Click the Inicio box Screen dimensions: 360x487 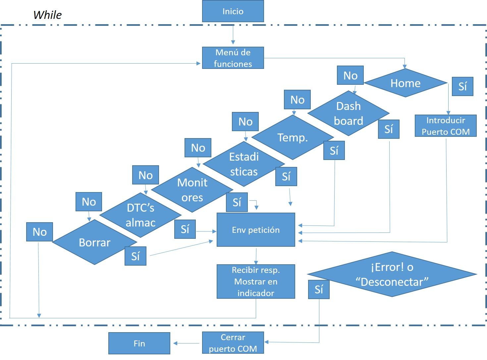(x=233, y=11)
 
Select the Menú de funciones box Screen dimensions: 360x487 (x=233, y=58)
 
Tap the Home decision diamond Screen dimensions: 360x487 (x=405, y=83)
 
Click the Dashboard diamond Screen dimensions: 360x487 (x=348, y=113)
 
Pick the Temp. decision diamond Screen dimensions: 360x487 (x=293, y=137)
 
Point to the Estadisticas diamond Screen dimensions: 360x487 (x=244, y=164)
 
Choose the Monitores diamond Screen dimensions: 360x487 (x=192, y=190)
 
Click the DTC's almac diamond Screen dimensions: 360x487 (x=140, y=215)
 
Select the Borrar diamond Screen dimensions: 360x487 (x=94, y=242)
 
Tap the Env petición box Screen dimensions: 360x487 (x=256, y=230)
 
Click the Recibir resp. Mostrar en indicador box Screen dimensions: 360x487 (x=256, y=282)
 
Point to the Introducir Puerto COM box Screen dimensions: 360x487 (x=446, y=126)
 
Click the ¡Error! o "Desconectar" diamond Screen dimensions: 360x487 (x=392, y=274)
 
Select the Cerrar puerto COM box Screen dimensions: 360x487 (x=233, y=343)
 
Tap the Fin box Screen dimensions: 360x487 (x=139, y=343)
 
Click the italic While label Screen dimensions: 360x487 (x=47, y=15)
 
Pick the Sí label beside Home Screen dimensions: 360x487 (x=462, y=86)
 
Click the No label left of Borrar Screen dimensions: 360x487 (x=39, y=232)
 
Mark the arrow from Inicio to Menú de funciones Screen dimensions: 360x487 (x=233, y=34)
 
